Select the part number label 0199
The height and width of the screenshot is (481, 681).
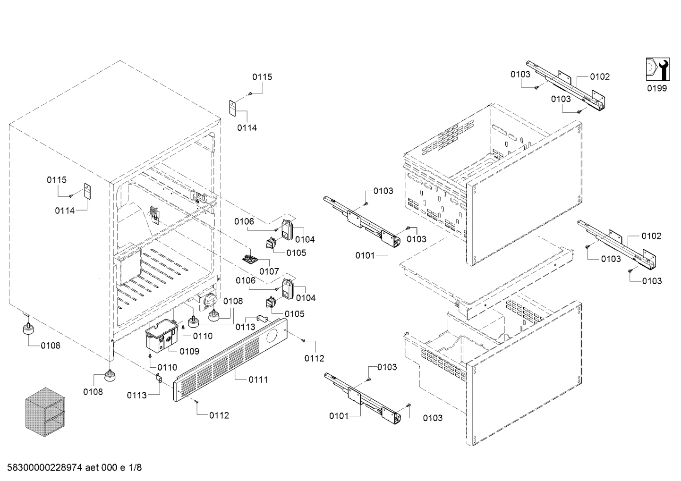(x=657, y=88)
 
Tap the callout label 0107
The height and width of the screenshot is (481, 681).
(x=269, y=271)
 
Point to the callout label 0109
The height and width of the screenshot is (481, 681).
(x=189, y=351)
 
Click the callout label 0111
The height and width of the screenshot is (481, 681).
(x=258, y=380)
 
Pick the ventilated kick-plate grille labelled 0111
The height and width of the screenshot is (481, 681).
(x=230, y=360)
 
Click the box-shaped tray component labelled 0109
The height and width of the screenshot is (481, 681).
(x=162, y=336)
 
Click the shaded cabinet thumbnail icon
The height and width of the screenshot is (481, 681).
(x=45, y=412)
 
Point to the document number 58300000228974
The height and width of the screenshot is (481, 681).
(x=45, y=467)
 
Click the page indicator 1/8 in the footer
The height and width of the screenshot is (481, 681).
(x=135, y=467)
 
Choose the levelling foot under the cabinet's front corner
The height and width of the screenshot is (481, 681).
(x=110, y=376)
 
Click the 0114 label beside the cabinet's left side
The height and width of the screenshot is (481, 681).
(x=65, y=211)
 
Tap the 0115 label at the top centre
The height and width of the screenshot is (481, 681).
(x=262, y=77)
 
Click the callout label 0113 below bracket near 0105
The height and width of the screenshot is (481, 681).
(x=246, y=327)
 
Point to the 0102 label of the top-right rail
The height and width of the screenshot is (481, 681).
(x=600, y=76)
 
